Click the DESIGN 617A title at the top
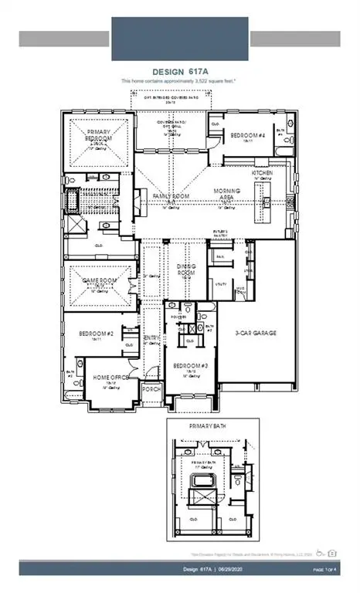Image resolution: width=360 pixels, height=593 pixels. click(x=179, y=71)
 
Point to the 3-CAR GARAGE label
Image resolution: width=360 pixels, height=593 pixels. click(x=256, y=333)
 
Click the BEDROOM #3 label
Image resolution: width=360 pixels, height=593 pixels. click(x=191, y=365)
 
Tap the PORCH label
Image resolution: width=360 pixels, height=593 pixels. click(x=151, y=390)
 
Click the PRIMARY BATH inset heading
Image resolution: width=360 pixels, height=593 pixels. click(x=204, y=425)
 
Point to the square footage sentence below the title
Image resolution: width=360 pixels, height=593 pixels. click(x=179, y=80)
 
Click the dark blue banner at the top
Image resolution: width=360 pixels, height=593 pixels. click(x=179, y=30)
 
